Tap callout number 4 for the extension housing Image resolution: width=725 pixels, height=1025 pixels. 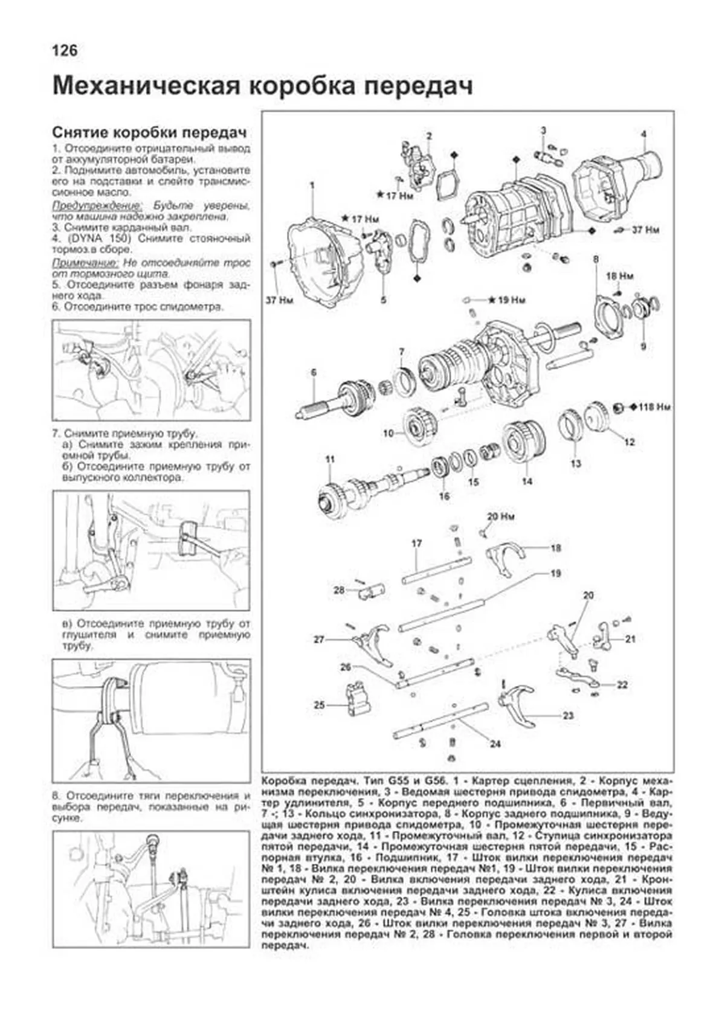click(644, 133)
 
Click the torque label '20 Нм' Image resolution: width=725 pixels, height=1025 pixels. click(500, 517)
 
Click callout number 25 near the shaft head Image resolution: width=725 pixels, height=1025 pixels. click(319, 704)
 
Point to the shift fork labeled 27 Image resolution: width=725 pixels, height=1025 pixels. click(369, 638)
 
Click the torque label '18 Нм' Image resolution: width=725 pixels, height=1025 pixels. click(620, 276)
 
